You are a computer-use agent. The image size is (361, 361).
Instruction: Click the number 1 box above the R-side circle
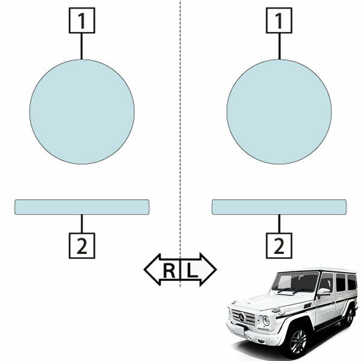pyautogui.click(x=82, y=20)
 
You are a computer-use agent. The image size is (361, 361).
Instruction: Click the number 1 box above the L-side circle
pyautogui.click(x=279, y=20)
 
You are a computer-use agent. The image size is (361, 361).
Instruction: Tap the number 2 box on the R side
pyautogui.click(x=82, y=245)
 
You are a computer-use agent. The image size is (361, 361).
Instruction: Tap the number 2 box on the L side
pyautogui.click(x=279, y=245)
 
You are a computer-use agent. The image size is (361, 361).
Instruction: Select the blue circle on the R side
pyautogui.click(x=82, y=112)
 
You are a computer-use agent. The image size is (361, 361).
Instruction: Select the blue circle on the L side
pyautogui.click(x=279, y=112)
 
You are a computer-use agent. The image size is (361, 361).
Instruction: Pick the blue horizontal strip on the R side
pyautogui.click(x=82, y=207)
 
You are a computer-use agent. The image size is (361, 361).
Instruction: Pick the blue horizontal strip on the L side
pyautogui.click(x=279, y=207)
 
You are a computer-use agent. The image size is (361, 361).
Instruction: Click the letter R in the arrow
pyautogui.click(x=169, y=270)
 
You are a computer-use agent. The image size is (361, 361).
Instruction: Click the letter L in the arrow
pyautogui.click(x=192, y=270)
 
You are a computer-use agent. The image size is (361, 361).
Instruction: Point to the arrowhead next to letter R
pyautogui.click(x=152, y=270)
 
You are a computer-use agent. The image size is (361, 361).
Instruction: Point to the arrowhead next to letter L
pyautogui.click(x=208, y=270)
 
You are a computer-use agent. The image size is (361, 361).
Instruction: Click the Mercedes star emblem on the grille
pyautogui.click(x=242, y=318)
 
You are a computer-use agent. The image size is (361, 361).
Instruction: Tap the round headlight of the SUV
pyautogui.click(x=266, y=321)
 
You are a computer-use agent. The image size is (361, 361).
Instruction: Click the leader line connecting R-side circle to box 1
pyautogui.click(x=82, y=46)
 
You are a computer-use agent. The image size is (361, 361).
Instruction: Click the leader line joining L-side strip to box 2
pyautogui.click(x=279, y=224)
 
